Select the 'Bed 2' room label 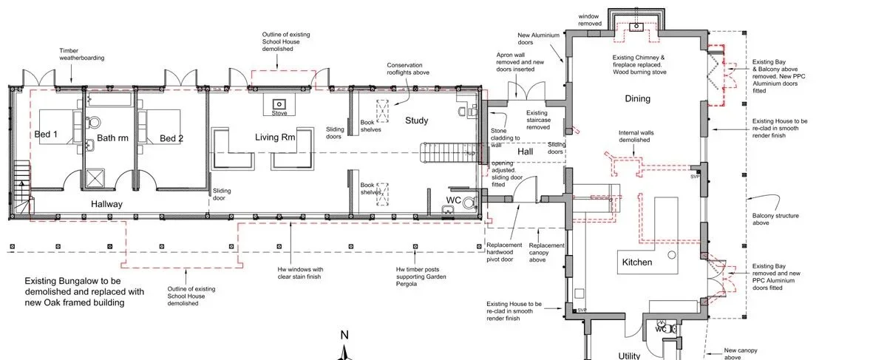171,138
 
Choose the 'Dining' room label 637,98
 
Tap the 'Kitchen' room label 636,262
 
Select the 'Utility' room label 629,356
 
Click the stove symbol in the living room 279,105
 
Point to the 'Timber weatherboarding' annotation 81,54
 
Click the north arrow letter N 344,335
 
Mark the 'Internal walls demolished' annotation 634,137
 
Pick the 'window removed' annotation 590,20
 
